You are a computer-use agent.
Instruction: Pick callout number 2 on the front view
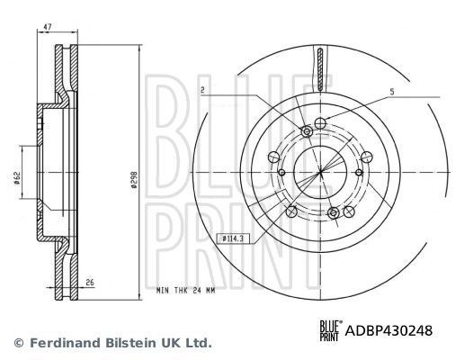coord(204,90)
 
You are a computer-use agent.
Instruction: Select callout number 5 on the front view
coord(392,91)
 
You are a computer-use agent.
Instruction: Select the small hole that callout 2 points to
coord(307,132)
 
